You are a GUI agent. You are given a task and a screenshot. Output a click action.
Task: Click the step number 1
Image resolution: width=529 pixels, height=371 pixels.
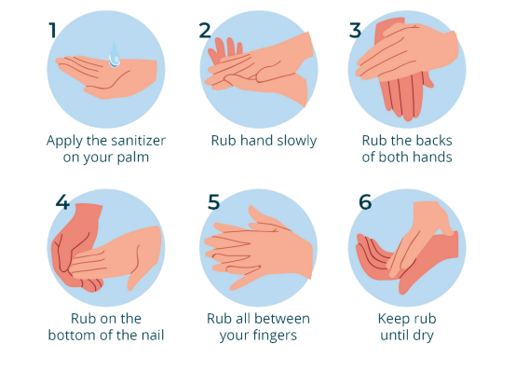point(52,31)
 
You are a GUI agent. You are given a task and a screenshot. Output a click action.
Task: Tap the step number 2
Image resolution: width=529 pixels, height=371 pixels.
point(205,31)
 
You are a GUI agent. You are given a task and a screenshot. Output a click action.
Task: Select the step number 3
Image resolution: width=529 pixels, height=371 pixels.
point(355,31)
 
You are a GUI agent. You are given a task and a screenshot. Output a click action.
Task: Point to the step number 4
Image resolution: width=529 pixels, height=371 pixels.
point(62,202)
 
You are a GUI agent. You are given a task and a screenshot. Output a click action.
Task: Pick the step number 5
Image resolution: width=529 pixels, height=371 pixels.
point(214,202)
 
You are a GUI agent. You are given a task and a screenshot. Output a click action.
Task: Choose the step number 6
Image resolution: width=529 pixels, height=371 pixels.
point(365,202)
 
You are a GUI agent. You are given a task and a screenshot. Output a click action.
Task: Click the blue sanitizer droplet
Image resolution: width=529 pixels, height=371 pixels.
point(115,55)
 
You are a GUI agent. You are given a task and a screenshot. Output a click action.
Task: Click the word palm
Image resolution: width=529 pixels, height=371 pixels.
point(132,158)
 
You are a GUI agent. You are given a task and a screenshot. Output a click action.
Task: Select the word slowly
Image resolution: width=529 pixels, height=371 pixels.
point(297,141)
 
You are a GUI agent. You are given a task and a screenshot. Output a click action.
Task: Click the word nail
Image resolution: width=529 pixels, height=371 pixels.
point(153,335)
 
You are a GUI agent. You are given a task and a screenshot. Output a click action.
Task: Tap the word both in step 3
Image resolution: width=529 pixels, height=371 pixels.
point(394,157)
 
